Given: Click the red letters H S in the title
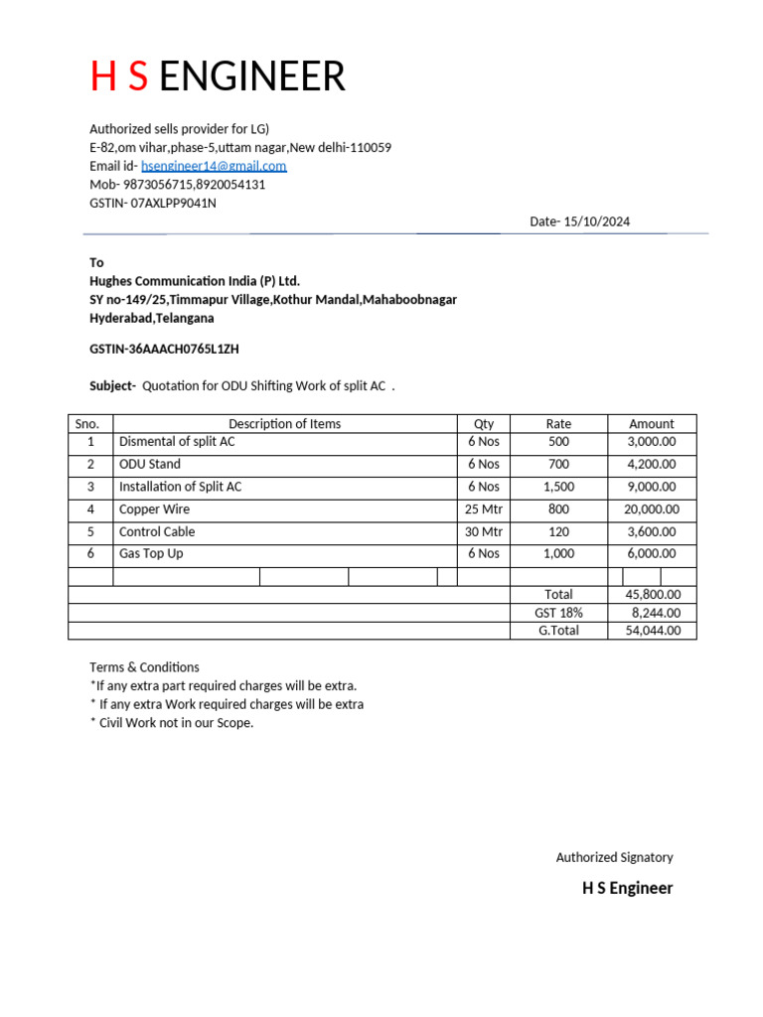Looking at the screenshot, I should point(119,76).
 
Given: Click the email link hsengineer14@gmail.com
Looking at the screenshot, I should point(214,166).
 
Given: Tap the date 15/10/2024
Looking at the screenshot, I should point(596,221).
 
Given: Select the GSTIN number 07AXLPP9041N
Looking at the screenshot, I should point(174,203).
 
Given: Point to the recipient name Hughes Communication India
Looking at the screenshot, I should point(195,281).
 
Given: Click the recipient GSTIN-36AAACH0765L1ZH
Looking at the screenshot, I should point(165,349).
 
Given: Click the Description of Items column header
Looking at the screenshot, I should point(284,423).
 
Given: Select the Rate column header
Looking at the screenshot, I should point(558,423).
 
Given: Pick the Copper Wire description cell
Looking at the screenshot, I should point(154,508).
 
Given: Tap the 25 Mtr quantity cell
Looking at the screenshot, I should point(484,508).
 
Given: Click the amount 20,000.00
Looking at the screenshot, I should point(652,508).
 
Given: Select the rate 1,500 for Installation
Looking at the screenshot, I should point(558,487).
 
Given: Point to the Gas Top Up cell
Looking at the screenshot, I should point(151,553).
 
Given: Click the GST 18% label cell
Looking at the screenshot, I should point(558,613).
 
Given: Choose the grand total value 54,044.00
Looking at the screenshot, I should point(653,630).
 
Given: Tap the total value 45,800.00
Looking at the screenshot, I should point(653,594).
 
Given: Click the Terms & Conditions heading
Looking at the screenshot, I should point(144,667).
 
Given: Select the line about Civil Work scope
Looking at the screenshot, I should point(172,722).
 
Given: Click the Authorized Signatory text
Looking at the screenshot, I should point(614,857).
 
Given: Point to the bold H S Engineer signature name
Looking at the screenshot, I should point(627,888).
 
